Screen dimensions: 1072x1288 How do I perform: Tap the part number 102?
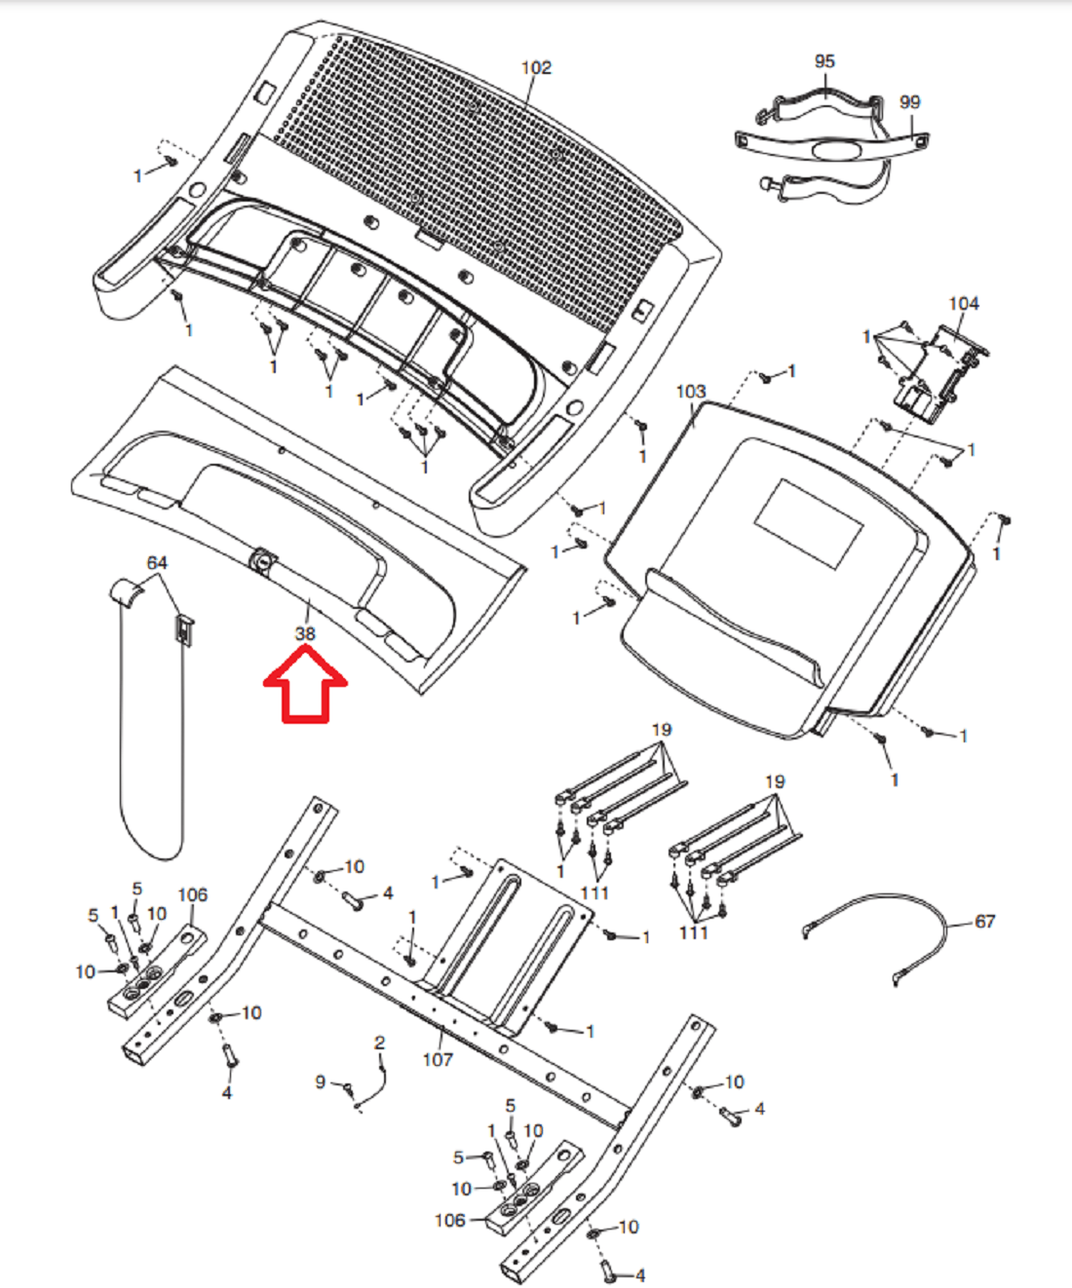tap(536, 68)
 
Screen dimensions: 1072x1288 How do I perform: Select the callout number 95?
tap(824, 61)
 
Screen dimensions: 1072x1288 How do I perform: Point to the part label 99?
tap(909, 102)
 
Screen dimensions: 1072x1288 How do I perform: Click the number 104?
tap(964, 304)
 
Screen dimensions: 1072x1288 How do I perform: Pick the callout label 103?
tap(691, 392)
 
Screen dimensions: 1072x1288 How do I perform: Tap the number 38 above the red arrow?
tap(305, 633)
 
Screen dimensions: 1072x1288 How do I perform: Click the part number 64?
tap(157, 562)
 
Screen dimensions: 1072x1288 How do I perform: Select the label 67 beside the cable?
tap(984, 939)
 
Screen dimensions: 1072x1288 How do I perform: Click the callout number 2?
tap(379, 1043)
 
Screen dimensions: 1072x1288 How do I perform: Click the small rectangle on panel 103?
tap(809, 524)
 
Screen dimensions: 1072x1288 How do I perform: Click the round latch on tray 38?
tap(262, 561)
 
